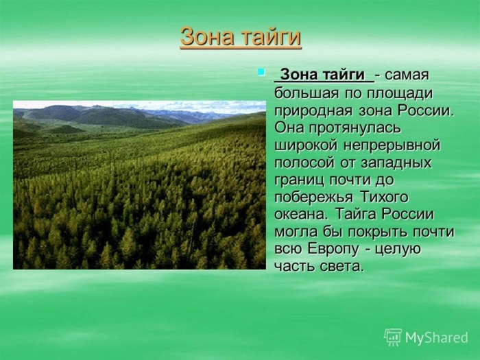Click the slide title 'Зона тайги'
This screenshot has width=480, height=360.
click(x=240, y=37)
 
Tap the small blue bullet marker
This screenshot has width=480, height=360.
click(x=261, y=71)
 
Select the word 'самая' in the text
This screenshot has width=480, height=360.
click(x=409, y=75)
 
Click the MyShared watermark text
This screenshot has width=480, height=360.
click(x=436, y=337)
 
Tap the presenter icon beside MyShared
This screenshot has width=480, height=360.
click(x=393, y=337)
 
